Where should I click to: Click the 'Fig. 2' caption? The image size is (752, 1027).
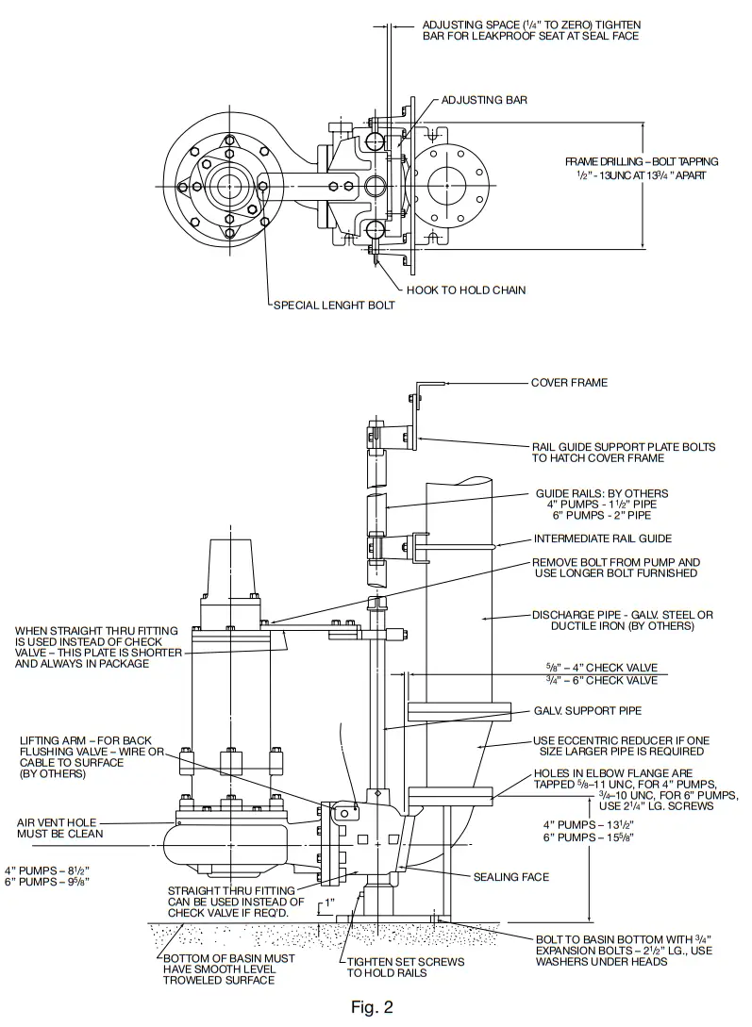pyautogui.click(x=371, y=1006)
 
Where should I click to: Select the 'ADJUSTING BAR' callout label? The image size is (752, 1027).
pyautogui.click(x=484, y=99)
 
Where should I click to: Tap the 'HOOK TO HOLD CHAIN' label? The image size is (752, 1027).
pyautogui.click(x=466, y=290)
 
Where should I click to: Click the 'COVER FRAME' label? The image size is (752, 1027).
pyautogui.click(x=569, y=383)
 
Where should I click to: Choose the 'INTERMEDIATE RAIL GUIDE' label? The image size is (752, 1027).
pyautogui.click(x=603, y=539)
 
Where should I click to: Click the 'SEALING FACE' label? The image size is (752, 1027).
pyautogui.click(x=510, y=876)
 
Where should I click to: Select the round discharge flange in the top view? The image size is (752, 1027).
pyautogui.click(x=453, y=186)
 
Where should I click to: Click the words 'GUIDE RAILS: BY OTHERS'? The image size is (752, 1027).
pyautogui.click(x=601, y=492)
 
